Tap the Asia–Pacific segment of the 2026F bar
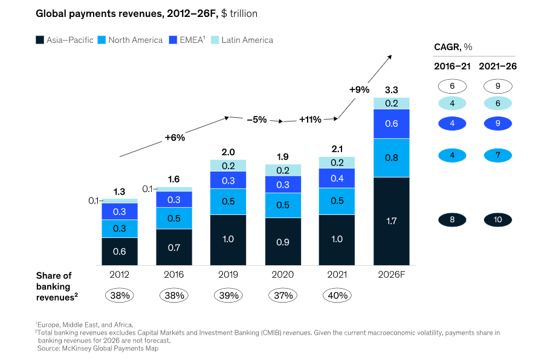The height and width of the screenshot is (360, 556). pos(392,221)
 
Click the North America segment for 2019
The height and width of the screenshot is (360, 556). pos(228,202)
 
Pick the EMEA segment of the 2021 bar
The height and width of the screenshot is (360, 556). pos(337,178)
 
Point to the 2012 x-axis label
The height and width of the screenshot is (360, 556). pos(119,274)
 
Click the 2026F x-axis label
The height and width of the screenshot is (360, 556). pos(392,274)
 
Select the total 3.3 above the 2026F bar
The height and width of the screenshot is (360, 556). pos(392,90)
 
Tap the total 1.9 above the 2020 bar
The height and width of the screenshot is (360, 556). pos(282,156)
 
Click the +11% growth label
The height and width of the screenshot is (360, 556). pos(310,120)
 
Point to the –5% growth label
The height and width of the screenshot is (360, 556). pos(256,120)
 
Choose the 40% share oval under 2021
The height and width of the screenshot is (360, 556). pos(337,295)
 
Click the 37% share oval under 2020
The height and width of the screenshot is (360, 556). pos(282,295)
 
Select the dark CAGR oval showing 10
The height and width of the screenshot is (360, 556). pos(497,220)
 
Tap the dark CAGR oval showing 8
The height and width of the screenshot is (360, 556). pos(452,220)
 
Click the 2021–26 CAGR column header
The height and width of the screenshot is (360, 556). pos(497,66)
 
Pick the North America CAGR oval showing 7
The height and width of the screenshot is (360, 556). pos(497,156)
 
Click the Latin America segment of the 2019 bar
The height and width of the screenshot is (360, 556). pos(228,166)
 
